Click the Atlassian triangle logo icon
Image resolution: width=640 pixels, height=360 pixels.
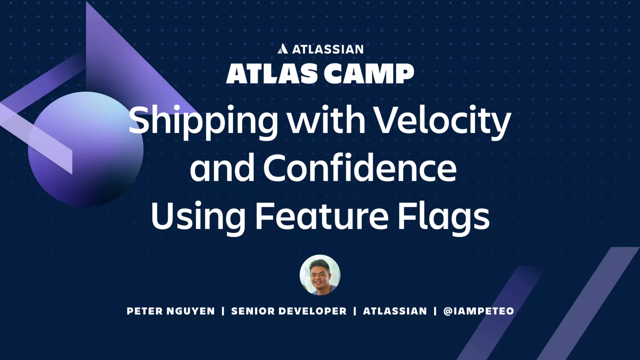[282, 49]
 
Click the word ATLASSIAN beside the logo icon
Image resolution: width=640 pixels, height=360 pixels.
[328, 49]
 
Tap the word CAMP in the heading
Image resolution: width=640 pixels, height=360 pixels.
[368, 74]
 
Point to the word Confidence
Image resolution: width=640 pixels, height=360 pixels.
[360, 169]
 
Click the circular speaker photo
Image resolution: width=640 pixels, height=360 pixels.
[320, 275]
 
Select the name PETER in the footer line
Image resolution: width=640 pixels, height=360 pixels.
[145, 311]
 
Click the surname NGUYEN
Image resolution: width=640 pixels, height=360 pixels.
[191, 311]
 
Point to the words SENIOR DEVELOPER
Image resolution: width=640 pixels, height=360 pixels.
[289, 311]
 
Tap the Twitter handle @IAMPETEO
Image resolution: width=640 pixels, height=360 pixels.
[478, 311]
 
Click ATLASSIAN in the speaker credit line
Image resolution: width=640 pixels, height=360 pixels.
[395, 311]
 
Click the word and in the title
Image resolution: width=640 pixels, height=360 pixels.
[222, 169]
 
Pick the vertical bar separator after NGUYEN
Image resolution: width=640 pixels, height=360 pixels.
[223, 311]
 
